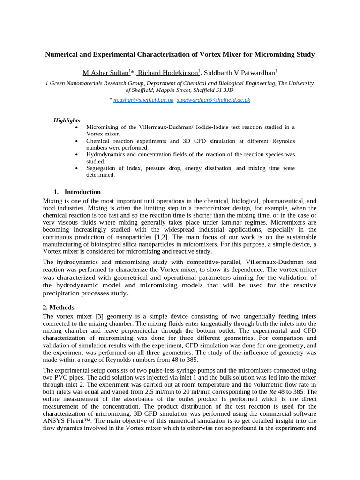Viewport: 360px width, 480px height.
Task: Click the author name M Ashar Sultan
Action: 105,73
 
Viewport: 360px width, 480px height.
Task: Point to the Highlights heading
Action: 67,120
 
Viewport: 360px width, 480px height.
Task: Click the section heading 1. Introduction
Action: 77,192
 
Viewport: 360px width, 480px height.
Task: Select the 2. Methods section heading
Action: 59,307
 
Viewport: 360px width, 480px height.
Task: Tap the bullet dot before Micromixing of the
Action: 76,127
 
